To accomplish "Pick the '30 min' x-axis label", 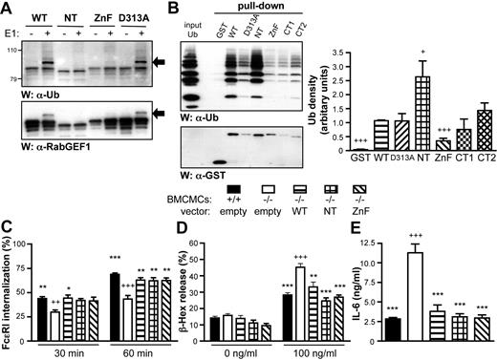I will tap(55, 346).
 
